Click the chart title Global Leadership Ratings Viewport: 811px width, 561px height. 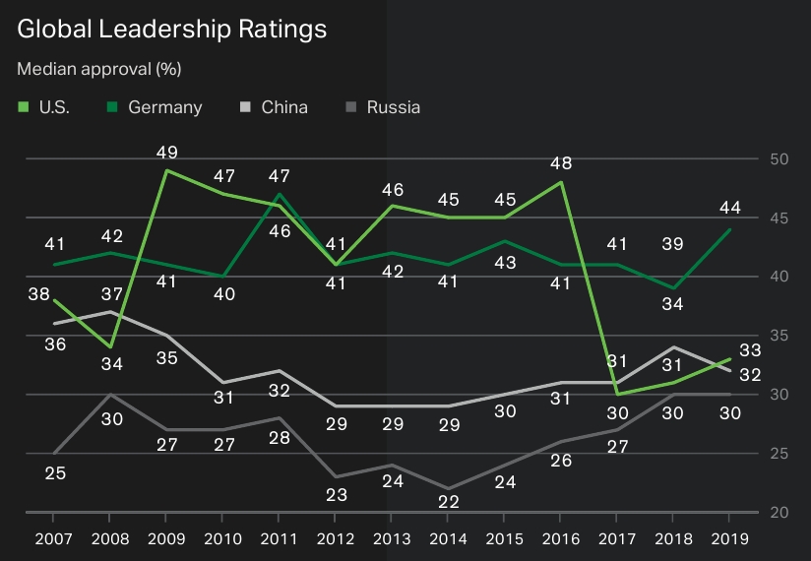172,31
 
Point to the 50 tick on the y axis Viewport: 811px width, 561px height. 780,159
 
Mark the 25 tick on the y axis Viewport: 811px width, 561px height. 780,454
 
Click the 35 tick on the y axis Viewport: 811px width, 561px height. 780,337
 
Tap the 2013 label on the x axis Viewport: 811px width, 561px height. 391,539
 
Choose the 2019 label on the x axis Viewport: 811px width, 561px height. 728,539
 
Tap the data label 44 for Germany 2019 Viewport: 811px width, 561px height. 729,208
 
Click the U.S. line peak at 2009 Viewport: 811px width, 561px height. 165,170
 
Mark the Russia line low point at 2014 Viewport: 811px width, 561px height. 447,488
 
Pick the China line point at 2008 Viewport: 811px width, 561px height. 109,312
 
